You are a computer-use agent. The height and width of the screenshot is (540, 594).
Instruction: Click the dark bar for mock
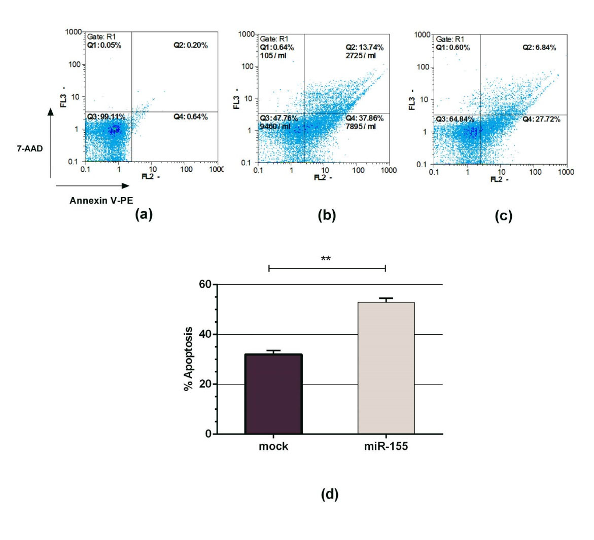273,394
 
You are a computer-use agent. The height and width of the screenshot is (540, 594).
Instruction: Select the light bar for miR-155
386,368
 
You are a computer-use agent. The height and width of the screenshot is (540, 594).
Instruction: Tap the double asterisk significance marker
326,259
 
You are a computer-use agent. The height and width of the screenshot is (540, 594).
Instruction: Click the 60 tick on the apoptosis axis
205,284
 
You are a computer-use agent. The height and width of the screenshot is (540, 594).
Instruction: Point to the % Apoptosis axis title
188,359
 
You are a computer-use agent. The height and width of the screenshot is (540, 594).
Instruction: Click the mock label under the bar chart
273,447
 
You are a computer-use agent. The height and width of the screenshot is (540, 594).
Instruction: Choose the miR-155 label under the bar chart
386,447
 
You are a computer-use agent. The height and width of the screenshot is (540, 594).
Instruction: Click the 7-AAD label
28,149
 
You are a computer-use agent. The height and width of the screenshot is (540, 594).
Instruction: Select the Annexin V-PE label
101,201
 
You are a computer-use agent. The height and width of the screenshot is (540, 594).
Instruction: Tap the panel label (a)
144,214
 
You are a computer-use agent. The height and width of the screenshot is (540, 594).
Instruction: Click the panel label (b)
327,215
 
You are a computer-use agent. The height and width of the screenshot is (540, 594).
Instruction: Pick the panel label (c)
503,216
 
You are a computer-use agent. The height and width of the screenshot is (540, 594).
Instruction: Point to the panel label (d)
330,494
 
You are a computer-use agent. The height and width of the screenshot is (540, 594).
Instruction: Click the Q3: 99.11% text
106,117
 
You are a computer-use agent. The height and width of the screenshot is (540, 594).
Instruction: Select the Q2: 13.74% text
364,48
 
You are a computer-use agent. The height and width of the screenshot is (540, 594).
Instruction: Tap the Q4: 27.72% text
541,119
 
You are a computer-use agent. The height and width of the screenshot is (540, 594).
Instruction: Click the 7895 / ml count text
361,126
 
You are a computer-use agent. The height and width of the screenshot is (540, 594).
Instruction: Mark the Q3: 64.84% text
455,119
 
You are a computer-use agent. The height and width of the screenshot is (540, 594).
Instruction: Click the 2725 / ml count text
361,55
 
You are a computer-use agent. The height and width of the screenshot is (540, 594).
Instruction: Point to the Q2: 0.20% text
190,45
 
